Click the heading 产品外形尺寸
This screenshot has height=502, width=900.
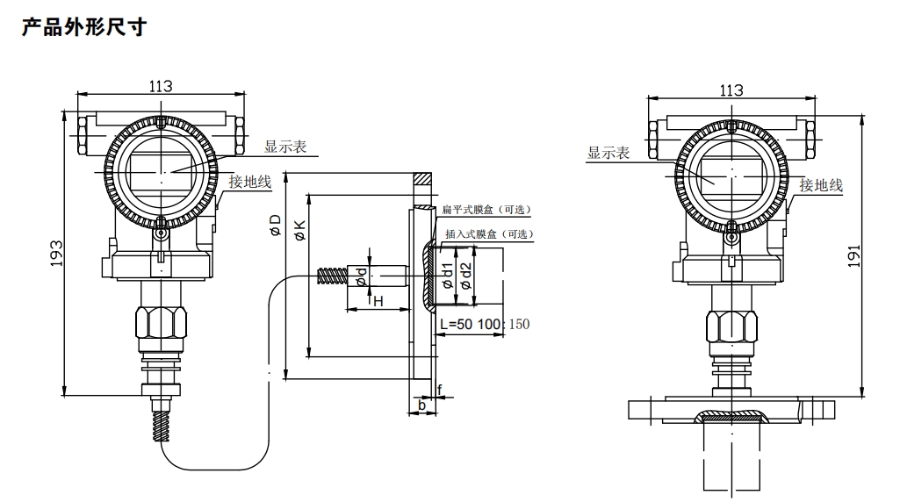click(x=83, y=27)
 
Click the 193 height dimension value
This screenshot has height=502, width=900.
click(x=54, y=255)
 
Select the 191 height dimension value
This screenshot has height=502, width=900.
click(x=875, y=255)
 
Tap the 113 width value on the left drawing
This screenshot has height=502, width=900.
click(x=160, y=86)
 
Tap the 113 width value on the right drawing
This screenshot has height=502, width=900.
click(x=731, y=90)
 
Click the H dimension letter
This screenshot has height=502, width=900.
click(x=379, y=302)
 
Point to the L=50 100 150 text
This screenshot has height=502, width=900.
click(x=485, y=325)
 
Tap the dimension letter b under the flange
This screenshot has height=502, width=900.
click(x=421, y=405)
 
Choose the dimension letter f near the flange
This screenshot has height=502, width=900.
click(x=440, y=388)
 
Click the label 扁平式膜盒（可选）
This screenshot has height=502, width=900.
click(x=487, y=210)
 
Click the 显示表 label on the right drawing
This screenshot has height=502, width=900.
click(x=608, y=153)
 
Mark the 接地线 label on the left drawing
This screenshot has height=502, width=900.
click(x=250, y=182)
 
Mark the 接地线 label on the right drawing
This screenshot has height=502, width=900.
click(x=821, y=185)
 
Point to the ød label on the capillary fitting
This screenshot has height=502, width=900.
click(x=361, y=276)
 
